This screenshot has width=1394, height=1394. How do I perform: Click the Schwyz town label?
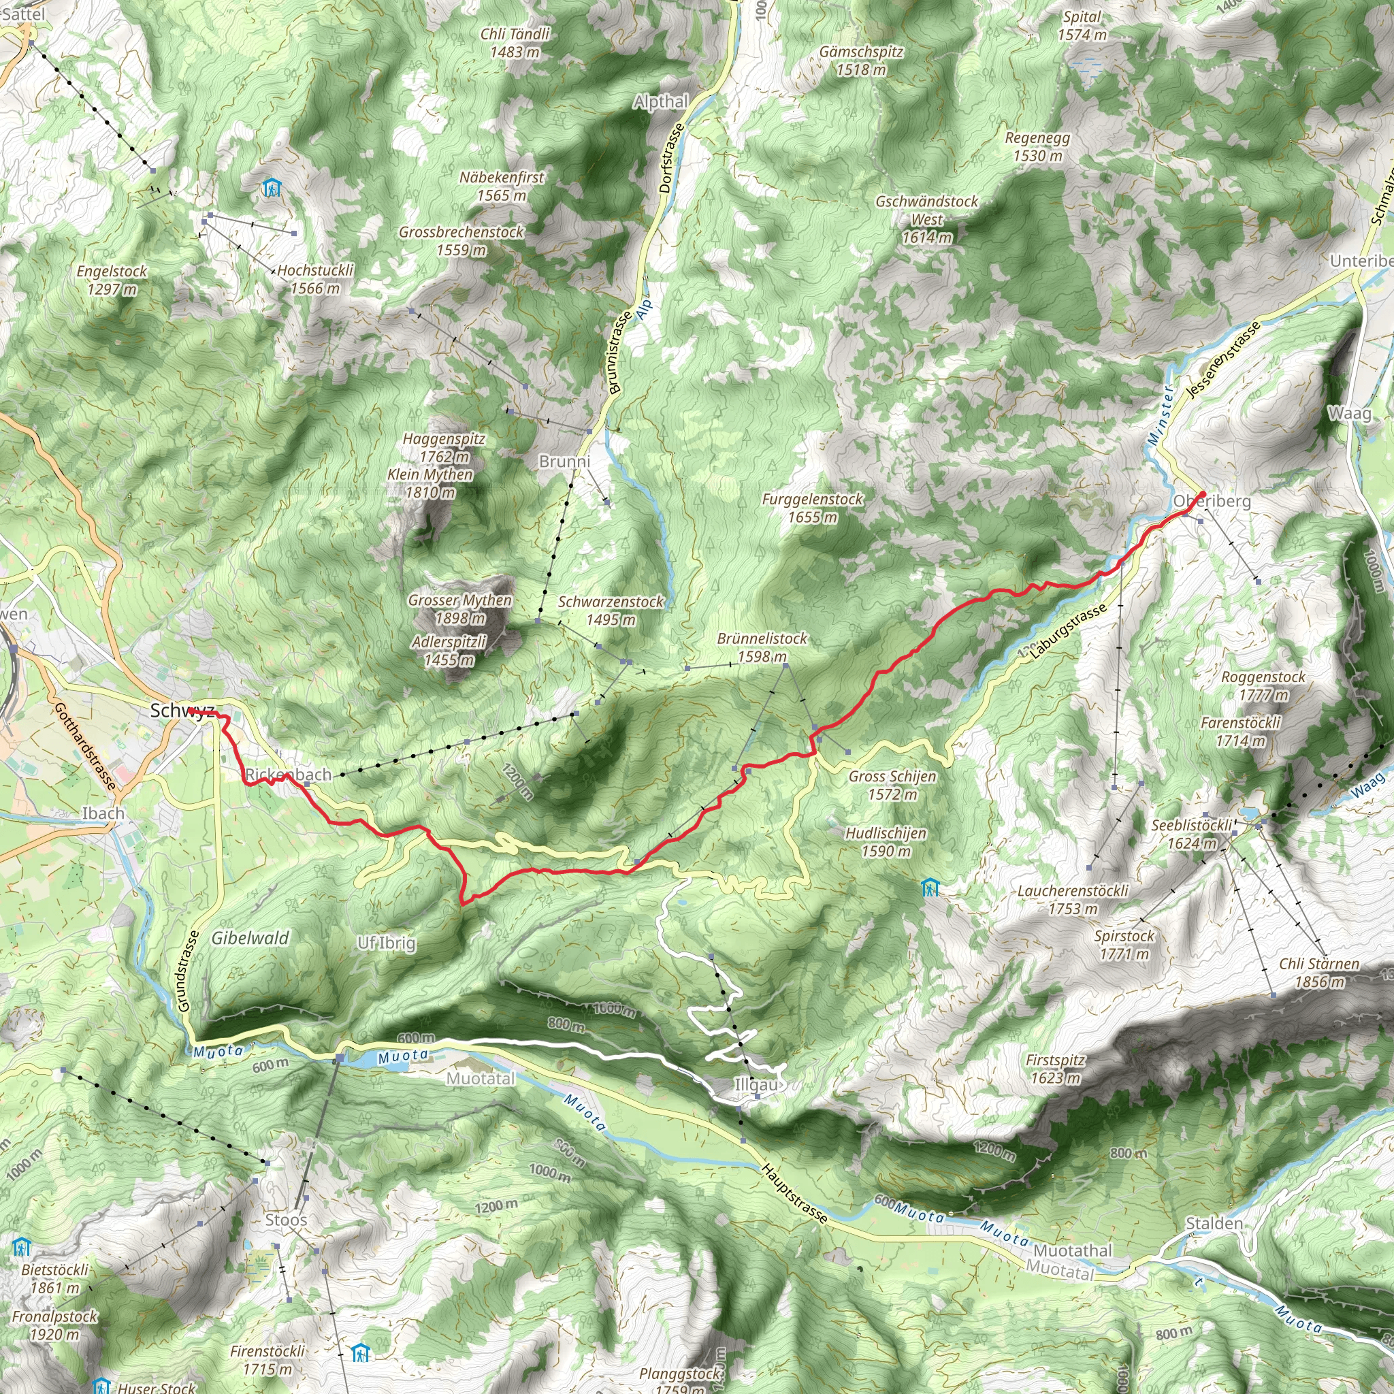(181, 711)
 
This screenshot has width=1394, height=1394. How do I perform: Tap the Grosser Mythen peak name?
(460, 609)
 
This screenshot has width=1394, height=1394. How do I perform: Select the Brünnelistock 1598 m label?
(762, 647)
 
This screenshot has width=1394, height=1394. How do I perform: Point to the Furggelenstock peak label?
(813, 507)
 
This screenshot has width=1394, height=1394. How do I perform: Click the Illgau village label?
(756, 1084)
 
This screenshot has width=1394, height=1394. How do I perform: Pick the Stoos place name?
(286, 1219)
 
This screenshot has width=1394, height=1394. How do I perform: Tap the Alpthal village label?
(660, 101)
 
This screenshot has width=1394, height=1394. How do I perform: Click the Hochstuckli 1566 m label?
(315, 278)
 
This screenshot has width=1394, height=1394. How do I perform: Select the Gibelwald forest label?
(250, 938)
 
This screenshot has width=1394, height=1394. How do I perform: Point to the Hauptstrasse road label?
(794, 1193)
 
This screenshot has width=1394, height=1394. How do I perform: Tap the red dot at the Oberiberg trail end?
(1202, 495)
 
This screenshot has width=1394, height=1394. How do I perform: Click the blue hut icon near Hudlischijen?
(930, 887)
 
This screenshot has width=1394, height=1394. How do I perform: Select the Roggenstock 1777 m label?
(1263, 685)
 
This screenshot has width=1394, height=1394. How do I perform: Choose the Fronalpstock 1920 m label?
(55, 1325)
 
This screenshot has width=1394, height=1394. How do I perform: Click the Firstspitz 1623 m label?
(1055, 1069)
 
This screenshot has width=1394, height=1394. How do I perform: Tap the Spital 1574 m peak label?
(1082, 25)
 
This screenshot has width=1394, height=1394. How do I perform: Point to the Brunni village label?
(564, 461)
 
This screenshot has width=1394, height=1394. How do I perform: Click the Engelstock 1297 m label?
(112, 280)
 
